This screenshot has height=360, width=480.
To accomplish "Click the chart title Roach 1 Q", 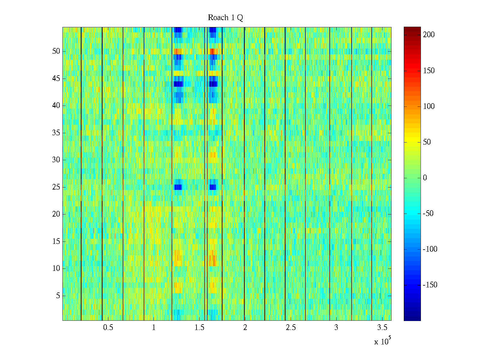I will coord(225,18).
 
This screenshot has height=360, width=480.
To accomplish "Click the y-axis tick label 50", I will coord(56,51).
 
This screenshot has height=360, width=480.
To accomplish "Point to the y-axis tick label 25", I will coord(56,187).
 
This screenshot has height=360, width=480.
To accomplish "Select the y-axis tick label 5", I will coord(58,296).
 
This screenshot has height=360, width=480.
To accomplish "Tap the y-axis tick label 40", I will coord(56,106).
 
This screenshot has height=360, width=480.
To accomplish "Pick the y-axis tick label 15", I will coord(56,241).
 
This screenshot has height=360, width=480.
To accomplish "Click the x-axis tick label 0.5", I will coord(108,328).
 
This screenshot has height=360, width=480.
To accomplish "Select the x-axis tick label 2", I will coord(245,328).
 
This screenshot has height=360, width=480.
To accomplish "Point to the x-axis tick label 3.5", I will coord(382,328).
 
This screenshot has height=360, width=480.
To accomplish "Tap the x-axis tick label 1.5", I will coord(199,328).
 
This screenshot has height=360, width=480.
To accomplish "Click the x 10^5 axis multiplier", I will coord(382,341).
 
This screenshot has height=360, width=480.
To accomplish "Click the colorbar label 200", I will coord(429,35).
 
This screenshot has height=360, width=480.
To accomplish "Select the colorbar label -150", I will coord(430,285).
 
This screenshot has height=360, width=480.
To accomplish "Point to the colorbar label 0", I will coord(425,178).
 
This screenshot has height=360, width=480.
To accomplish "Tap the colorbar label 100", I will coord(429,106).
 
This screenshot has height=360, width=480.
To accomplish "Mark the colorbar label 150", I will coord(429,71).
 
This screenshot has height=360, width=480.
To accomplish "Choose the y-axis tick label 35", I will coord(56,133).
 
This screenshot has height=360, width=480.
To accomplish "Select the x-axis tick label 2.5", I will coord(291,328).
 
